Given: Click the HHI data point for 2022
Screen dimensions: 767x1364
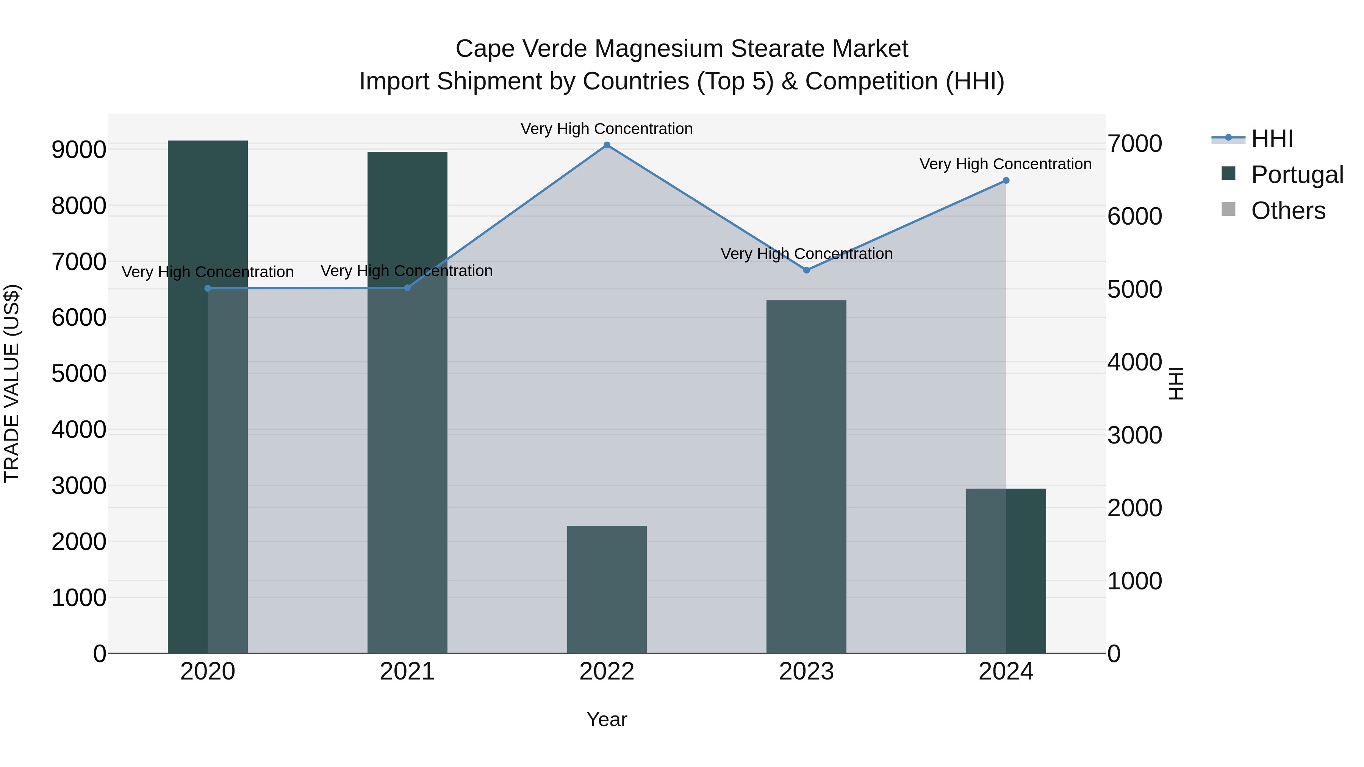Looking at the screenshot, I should (607, 145).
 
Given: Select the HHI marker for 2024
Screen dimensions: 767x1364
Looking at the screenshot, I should (1006, 181).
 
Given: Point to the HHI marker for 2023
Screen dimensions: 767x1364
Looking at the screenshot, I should (806, 270).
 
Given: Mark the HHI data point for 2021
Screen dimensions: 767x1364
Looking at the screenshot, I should (407, 288).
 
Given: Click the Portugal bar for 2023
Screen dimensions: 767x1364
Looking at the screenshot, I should (806, 476).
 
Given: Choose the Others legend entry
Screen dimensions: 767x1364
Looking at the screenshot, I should (1288, 211).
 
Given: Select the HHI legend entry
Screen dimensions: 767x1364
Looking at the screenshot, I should (1272, 139).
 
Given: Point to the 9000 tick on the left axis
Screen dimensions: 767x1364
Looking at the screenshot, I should (79, 150).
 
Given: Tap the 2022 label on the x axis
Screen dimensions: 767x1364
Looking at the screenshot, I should (607, 672).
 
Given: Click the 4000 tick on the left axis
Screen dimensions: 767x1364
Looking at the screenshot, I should (79, 430).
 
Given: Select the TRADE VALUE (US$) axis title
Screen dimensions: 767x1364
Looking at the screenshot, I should (12, 383).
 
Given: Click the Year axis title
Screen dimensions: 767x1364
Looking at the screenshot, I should (607, 719).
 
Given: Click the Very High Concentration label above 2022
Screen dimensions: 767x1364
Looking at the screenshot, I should (607, 129).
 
